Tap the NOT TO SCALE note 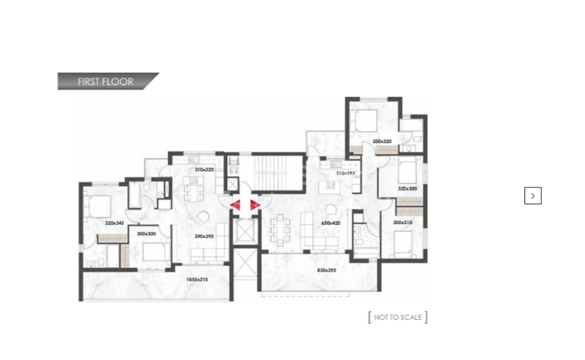(398, 318)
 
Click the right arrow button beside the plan (533, 195)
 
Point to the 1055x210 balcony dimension (196, 279)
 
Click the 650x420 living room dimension (331, 223)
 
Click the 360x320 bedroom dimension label (382, 142)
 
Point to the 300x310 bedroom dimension (403, 222)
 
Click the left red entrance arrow (238, 206)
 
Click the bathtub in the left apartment (135, 193)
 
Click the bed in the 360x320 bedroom (367, 122)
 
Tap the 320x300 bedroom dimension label (407, 189)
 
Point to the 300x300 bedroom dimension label (146, 233)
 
